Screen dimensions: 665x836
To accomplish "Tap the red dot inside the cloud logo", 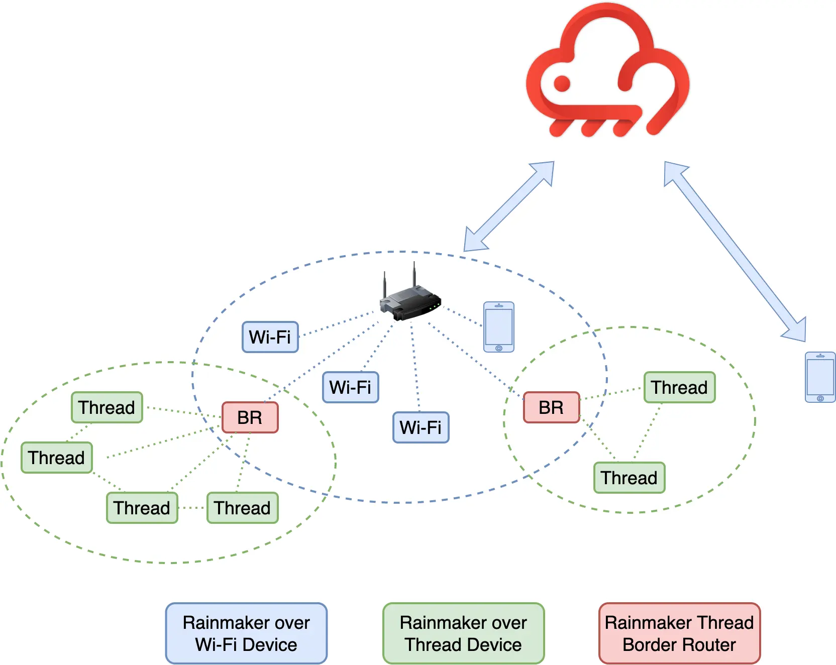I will coord(562,83).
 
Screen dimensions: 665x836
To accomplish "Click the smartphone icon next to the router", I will coord(498,327).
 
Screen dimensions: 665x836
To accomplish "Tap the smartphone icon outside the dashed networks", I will coord(820,377).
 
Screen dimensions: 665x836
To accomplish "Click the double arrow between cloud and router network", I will coord(508,206).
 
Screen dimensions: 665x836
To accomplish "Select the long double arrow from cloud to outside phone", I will coord(735,252).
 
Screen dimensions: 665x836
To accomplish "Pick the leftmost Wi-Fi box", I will coord(270,337).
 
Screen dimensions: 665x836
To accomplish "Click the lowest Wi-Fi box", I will coord(421,427).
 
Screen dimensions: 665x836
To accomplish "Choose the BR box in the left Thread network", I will coord(250,417).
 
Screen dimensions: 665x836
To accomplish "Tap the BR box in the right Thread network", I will coord(551,407).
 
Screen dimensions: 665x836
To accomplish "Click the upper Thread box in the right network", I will coord(679,387).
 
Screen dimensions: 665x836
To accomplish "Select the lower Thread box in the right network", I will coord(629,478).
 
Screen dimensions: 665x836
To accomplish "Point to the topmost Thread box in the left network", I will coord(107,407).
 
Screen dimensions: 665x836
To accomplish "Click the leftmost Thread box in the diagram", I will coord(57,458).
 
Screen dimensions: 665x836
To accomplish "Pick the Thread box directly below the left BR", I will coord(242,508).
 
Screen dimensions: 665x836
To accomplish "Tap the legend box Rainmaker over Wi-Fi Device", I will coord(246,633).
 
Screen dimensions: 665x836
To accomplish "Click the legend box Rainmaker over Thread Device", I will coord(463,633).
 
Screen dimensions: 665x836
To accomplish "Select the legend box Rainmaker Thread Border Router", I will coord(679,633).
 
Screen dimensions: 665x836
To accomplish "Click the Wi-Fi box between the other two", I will coord(351,387).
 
